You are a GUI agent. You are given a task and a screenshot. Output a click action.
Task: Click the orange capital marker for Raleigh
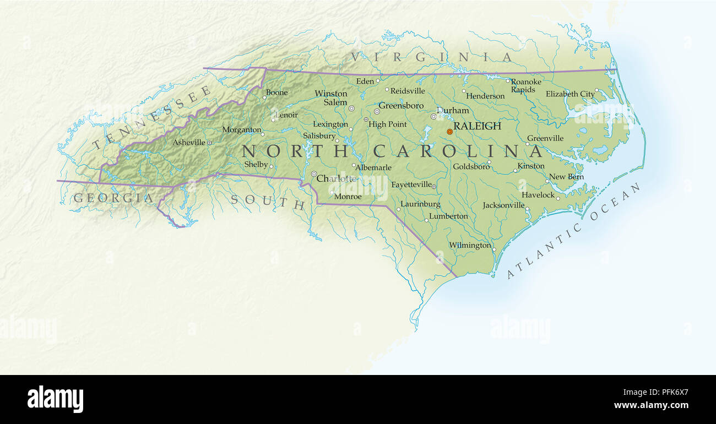[x=449, y=132]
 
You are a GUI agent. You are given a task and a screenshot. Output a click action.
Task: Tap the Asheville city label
[x=189, y=143]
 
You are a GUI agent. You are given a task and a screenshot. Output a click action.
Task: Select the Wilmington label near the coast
[x=470, y=245]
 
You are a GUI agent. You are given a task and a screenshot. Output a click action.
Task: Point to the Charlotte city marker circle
[x=314, y=174]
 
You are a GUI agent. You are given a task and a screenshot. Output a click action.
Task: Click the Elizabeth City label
[x=570, y=94]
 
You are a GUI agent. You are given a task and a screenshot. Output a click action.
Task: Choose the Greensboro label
[x=401, y=105]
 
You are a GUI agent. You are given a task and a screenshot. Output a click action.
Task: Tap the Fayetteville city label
[x=411, y=184]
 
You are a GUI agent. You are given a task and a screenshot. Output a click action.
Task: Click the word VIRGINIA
[x=432, y=57]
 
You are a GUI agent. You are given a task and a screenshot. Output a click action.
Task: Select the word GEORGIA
[x=113, y=198]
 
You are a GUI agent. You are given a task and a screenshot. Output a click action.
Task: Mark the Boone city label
[x=276, y=93]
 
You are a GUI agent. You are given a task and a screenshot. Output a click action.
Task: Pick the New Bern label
[x=566, y=177]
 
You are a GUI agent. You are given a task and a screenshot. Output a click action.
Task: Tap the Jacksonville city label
[x=503, y=205]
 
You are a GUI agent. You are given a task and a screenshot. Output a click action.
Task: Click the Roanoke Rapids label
[x=525, y=86]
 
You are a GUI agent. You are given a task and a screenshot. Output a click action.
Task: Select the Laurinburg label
[x=420, y=204]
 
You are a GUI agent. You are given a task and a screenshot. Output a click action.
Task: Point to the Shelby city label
[x=256, y=164]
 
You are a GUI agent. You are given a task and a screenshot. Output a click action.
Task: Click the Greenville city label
[x=545, y=138]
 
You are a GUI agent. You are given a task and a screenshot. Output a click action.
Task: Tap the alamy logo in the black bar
[x=55, y=399]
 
